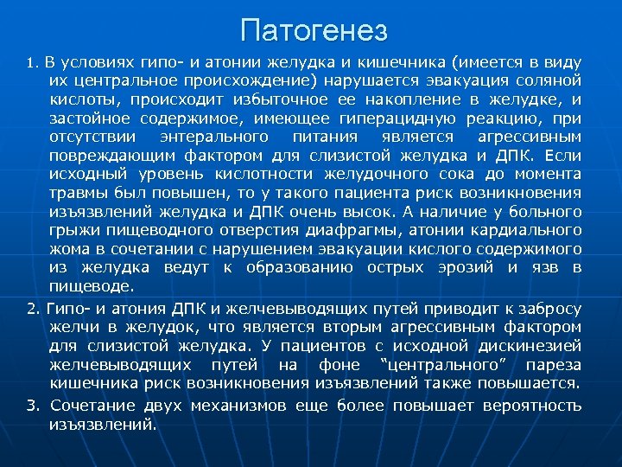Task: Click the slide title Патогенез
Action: pyautogui.click(x=315, y=30)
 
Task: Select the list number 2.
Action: pyautogui.click(x=32, y=309)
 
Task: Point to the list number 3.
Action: pyautogui.click(x=32, y=406)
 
